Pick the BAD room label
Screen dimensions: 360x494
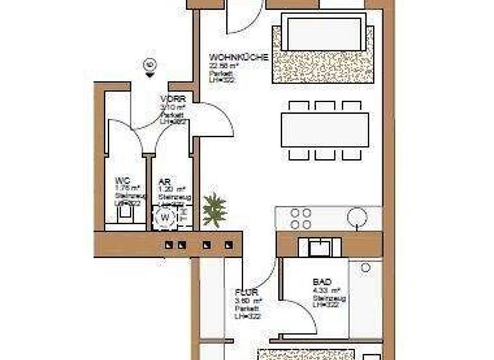pyautogui.click(x=322, y=282)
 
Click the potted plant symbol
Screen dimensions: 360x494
pyautogui.click(x=214, y=209)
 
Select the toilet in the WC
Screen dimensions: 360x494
pyautogui.click(x=123, y=219)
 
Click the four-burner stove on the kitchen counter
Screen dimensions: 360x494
pyautogui.click(x=301, y=219)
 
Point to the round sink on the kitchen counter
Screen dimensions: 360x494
pyautogui.click(x=356, y=218)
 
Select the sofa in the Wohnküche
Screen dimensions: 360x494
pyautogui.click(x=324, y=35)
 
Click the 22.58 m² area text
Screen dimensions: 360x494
pyautogui.click(x=223, y=65)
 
